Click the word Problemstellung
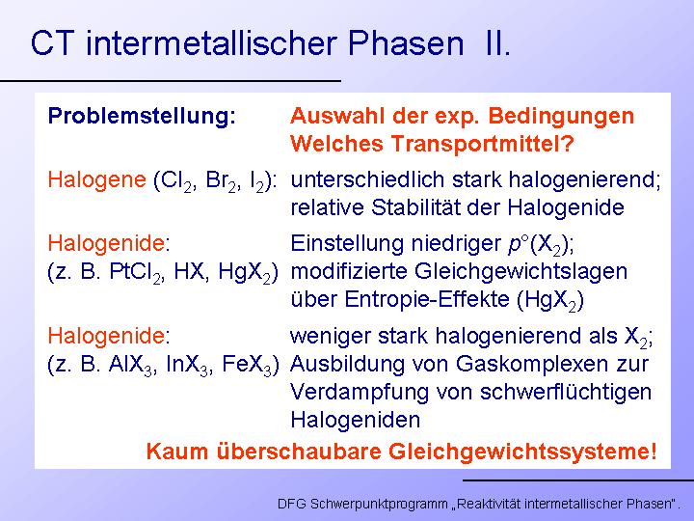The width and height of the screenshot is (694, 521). [142, 117]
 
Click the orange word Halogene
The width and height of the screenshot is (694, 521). [97, 180]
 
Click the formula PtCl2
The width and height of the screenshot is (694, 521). [135, 272]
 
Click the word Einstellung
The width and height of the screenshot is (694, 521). [347, 244]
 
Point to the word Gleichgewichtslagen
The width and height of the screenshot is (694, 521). [520, 272]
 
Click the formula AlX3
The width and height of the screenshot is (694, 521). [133, 365]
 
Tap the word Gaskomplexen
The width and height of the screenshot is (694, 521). [531, 365]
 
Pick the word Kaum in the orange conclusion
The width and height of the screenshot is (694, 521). [177, 452]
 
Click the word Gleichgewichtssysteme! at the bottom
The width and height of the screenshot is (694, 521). [522, 452]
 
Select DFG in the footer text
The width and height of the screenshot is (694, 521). [292, 504]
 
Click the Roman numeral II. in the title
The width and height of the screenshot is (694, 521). [498, 43]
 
